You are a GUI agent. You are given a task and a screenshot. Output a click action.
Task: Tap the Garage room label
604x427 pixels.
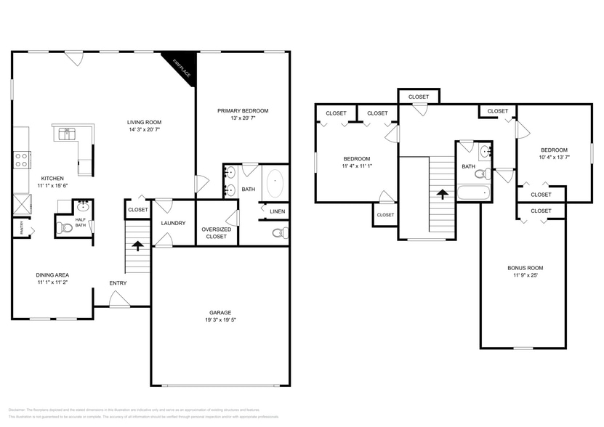pos(216,312)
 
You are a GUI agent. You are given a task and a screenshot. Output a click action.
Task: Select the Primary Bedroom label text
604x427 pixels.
pos(243,110)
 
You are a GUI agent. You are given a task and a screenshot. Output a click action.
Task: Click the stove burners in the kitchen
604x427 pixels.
pos(21,159)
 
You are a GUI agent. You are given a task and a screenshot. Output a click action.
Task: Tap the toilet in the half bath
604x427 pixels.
pos(64,227)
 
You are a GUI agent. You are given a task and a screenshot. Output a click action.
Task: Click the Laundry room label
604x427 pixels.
pos(173,223)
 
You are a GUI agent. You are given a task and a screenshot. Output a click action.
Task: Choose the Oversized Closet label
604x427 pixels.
pos(216,232)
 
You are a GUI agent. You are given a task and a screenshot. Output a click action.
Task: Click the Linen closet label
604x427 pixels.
pos(277,211)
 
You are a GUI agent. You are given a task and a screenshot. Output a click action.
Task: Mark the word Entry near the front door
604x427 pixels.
pos(118,282)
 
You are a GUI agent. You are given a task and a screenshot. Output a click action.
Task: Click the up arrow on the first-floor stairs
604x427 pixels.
pos(137,245)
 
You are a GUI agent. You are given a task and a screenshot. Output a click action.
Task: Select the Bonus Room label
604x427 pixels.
pos(525,267)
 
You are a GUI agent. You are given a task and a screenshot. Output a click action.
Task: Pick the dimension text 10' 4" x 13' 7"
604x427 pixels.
pos(554,156)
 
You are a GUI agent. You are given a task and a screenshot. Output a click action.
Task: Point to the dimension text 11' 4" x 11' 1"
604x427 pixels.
pos(356,166)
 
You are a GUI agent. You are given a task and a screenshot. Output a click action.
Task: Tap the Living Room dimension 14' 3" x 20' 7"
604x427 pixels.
pos(144,130)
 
